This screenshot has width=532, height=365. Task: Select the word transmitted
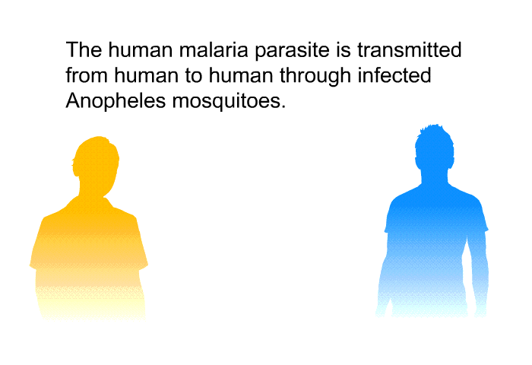pyautogui.click(x=410, y=49)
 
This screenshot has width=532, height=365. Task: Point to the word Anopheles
pyautogui.click(x=116, y=102)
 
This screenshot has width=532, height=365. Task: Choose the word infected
pyautogui.click(x=394, y=75)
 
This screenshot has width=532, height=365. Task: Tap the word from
pyautogui.click(x=87, y=75)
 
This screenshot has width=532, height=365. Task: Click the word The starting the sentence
pyautogui.click(x=84, y=49)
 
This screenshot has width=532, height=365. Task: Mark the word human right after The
pyautogui.click(x=141, y=49)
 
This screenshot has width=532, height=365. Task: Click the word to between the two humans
pyautogui.click(x=193, y=76)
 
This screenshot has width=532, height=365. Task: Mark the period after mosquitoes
pyautogui.click(x=283, y=107)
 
